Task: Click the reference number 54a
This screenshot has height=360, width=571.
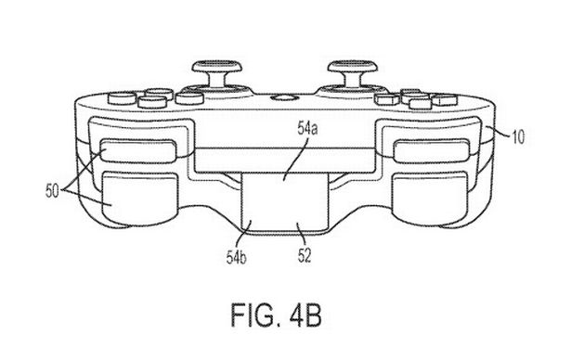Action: pos(307,128)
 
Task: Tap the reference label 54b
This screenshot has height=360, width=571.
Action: pos(237,257)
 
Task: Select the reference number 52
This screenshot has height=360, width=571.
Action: pos(305,255)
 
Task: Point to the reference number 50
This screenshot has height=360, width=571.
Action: pos(52,190)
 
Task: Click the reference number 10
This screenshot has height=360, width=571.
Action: pos(519,137)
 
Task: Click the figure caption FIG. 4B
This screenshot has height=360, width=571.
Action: pos(277,315)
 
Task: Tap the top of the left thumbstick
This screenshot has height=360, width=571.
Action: pos(217,66)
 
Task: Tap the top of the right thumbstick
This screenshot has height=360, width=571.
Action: pos(352,67)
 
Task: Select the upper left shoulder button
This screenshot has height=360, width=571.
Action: pos(138,150)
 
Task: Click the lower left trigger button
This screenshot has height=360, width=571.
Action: pos(140,199)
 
